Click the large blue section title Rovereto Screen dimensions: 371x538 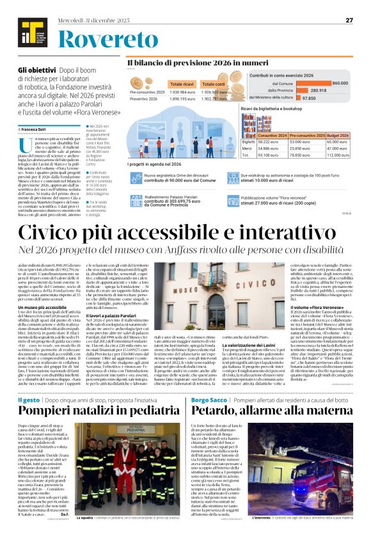click(x=103, y=41)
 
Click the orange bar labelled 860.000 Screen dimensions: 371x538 click(x=317, y=83)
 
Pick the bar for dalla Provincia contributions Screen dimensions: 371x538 click(x=310, y=90)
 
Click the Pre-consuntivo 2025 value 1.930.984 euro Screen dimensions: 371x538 click(x=183, y=93)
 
